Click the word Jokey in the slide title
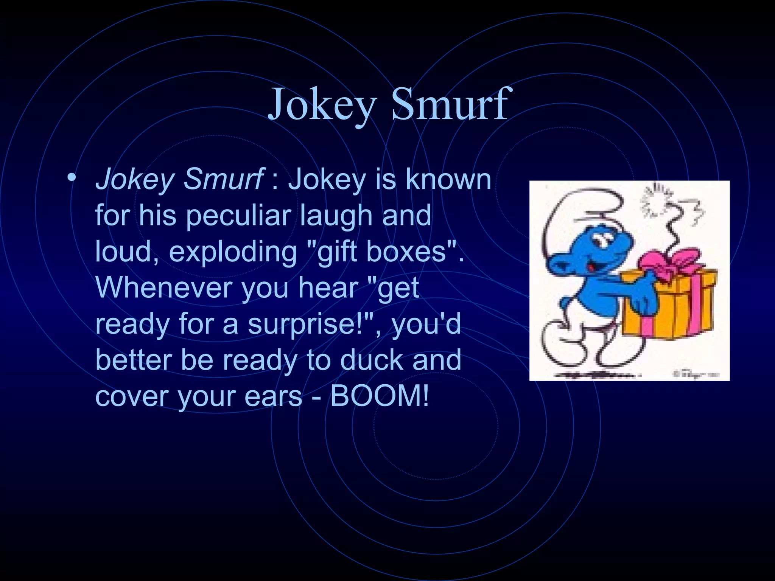(322, 104)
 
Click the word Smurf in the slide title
(450, 104)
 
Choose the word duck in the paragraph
(371, 360)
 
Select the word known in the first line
(448, 179)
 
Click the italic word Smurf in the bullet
(223, 179)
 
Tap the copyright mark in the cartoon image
(677, 374)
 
